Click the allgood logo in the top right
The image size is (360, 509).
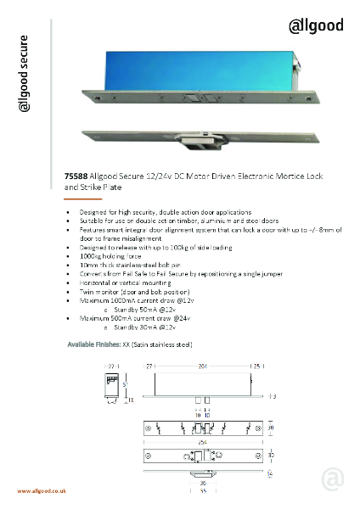315,25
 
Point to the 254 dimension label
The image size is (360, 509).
201,441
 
